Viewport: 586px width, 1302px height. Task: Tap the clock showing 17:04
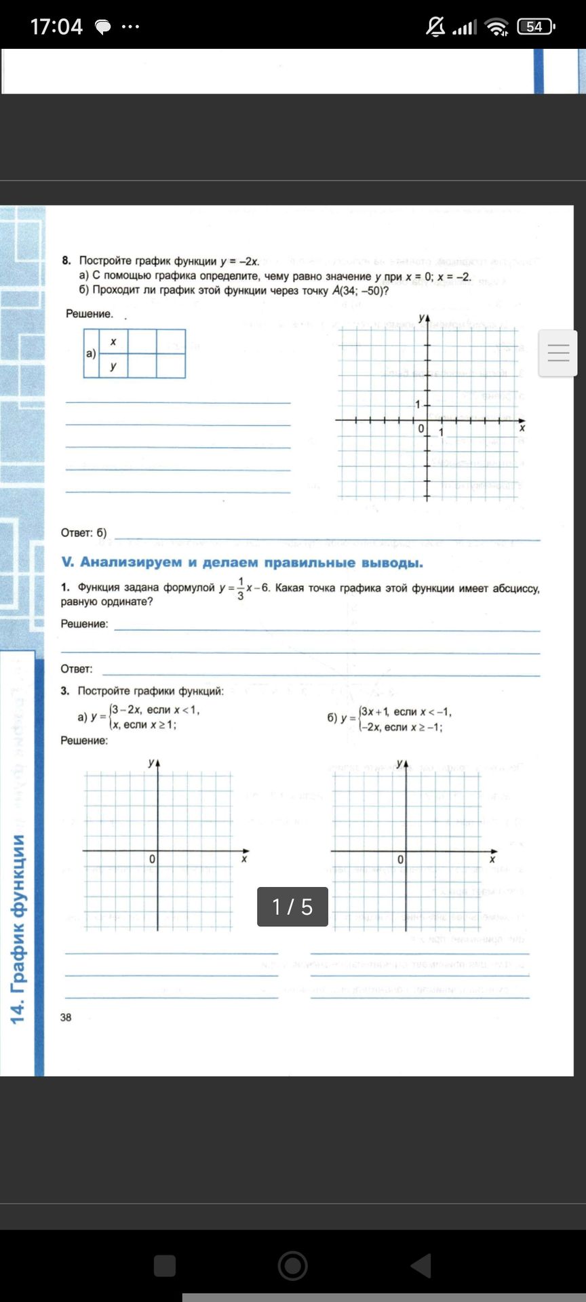56,26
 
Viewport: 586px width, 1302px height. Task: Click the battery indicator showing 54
535,26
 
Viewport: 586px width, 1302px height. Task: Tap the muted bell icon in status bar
435,26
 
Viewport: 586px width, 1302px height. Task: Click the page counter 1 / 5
292,907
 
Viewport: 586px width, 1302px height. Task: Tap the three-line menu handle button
558,353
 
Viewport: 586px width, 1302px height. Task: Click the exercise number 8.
66,261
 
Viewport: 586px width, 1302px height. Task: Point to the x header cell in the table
113,342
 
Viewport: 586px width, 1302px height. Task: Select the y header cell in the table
113,366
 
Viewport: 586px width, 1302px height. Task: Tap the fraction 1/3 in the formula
240,589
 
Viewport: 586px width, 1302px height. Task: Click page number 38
66,1017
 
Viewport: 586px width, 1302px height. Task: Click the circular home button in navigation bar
292,1265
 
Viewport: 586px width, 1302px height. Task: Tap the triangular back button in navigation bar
421,1265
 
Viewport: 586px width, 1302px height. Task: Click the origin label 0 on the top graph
421,429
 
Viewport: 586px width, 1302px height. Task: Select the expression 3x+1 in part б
375,712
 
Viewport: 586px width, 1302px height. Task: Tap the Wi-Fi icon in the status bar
497,27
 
